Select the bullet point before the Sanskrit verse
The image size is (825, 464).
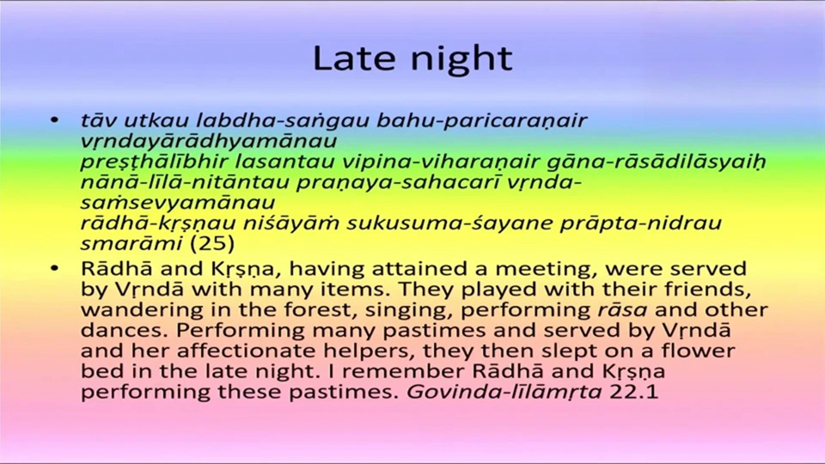[54, 120]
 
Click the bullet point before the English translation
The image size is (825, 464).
[54, 268]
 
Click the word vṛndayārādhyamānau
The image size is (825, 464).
[208, 142]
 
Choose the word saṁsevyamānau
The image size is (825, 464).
[178, 203]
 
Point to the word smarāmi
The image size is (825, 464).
[131, 243]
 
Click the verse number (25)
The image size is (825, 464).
[212, 243]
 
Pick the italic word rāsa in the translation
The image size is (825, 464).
[622, 310]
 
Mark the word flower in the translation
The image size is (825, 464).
[698, 351]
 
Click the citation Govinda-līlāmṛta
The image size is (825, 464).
[504, 392]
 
